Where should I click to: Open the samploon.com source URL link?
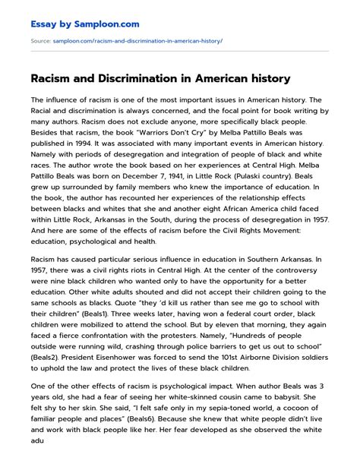coord(137,40)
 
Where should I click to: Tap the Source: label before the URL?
coord(40,40)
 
